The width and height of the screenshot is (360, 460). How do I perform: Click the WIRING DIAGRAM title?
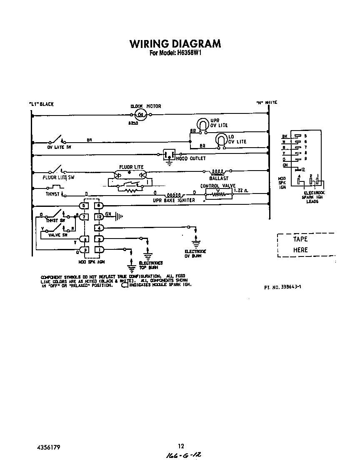175,44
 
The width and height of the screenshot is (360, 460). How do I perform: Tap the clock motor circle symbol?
141,115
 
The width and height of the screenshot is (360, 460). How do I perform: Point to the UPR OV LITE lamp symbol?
202,125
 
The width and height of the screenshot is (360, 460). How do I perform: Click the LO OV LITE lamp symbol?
220,141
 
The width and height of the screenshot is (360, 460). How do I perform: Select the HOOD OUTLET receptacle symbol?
169,155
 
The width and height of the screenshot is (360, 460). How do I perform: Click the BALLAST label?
219,178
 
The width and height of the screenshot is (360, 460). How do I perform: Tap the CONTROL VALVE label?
218,186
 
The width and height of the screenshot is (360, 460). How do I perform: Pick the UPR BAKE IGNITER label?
174,200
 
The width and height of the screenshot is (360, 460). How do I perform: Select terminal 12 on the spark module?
99,216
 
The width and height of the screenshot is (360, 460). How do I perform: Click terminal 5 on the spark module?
84,205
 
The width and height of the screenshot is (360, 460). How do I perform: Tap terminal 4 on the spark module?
99,228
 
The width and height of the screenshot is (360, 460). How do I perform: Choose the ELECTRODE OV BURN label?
195,254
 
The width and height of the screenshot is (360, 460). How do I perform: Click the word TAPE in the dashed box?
300,239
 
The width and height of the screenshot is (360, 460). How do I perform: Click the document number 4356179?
49,447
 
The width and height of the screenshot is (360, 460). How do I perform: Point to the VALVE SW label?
58,235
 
